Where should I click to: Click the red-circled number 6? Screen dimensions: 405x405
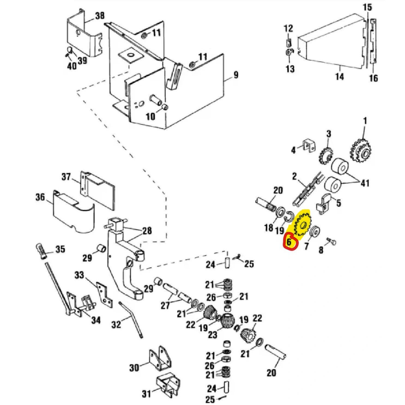[289, 241]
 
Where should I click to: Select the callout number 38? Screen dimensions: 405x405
[99, 16]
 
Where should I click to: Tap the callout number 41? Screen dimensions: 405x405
[365, 182]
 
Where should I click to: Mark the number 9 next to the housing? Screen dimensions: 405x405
[236, 74]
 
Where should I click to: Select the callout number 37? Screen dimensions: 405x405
[66, 177]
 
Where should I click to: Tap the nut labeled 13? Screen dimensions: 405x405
[289, 52]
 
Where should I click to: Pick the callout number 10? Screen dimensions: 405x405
[150, 116]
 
